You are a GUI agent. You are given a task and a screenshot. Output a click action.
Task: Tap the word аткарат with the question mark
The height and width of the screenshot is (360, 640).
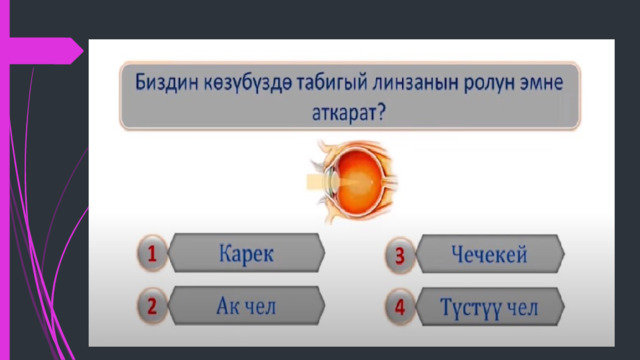349,113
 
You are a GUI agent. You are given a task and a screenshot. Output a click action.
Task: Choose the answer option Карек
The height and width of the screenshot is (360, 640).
246,253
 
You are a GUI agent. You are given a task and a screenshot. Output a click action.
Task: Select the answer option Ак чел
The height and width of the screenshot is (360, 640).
246,306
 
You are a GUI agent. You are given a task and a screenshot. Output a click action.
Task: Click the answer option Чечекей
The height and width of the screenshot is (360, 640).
490,254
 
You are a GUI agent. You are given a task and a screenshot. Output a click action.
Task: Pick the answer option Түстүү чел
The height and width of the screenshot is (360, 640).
490,307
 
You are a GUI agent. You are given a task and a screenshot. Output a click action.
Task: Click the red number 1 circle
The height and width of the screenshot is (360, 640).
152,253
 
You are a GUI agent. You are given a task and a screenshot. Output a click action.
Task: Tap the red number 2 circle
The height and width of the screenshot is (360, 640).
152,306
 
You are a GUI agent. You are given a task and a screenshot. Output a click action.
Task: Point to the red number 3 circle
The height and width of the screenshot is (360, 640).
400,256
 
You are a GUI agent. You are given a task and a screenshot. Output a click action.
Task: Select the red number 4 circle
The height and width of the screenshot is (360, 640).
400,307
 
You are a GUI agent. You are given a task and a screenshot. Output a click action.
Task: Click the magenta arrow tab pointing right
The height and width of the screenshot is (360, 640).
46,51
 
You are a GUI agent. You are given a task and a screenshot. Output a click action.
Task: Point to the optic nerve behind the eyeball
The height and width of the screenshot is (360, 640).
390,180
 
